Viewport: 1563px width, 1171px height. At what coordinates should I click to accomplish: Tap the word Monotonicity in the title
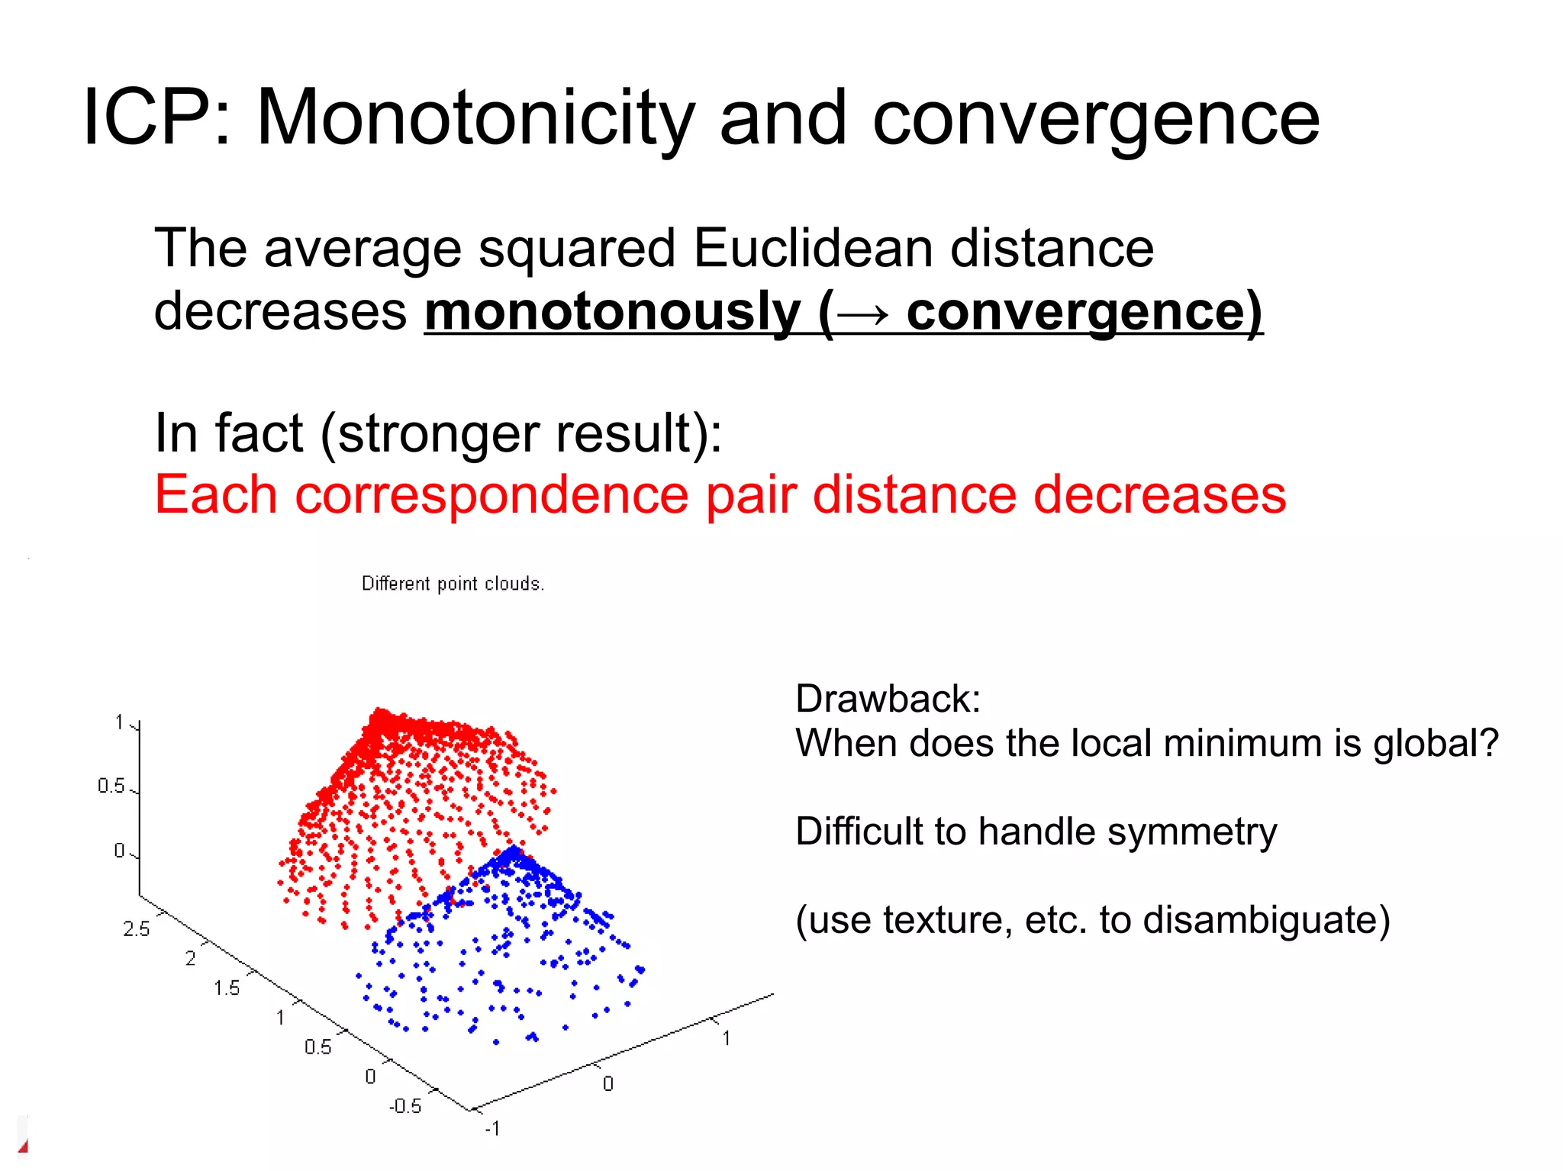475,119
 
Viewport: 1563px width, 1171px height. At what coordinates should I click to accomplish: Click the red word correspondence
491,496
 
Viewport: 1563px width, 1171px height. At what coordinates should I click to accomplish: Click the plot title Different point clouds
453,584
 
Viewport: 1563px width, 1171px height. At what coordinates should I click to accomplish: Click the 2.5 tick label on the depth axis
137,928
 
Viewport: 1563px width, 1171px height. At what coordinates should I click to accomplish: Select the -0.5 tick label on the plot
404,1106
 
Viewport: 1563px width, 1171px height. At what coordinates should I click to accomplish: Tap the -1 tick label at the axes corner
492,1128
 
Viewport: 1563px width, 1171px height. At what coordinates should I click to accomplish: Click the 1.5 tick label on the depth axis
226,988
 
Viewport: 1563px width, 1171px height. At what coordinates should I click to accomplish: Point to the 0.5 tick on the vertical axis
111,786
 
